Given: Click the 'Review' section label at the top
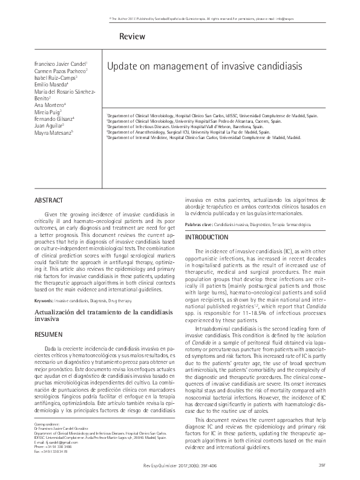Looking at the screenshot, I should pyautogui.click(x=133, y=37).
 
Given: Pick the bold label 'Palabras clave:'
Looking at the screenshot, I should pyautogui.click(x=198, y=224).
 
